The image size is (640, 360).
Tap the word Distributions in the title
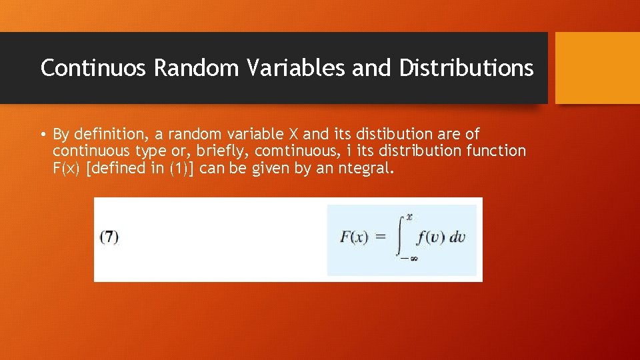coord(466,68)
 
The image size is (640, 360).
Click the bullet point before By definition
coord(43,135)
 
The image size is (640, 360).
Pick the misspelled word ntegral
coord(365,169)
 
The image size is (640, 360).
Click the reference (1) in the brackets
coord(179,169)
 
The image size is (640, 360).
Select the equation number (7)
coord(109,237)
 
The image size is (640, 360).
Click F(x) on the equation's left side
coord(354,237)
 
